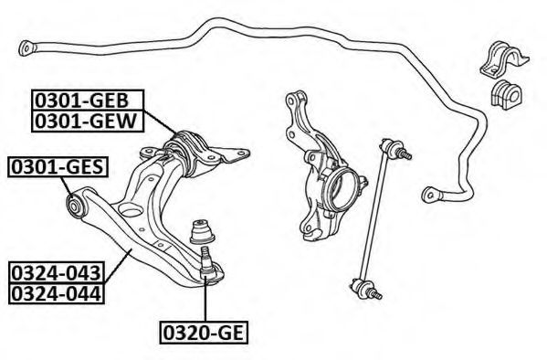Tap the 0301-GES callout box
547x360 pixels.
coord(58,167)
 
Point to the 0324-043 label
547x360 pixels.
coord(57,272)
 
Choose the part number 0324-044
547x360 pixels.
coord(57,293)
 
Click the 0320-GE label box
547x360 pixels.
coord(204,333)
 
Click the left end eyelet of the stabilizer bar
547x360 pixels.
coord(26,48)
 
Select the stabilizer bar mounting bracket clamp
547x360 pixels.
coord(504,58)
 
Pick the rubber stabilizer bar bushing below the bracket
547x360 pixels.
coord(506,95)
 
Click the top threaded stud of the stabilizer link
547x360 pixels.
coord(405,154)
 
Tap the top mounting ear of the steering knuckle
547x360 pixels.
coord(296,99)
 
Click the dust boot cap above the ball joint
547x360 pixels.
coord(202,231)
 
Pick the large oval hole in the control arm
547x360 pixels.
coord(130,210)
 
